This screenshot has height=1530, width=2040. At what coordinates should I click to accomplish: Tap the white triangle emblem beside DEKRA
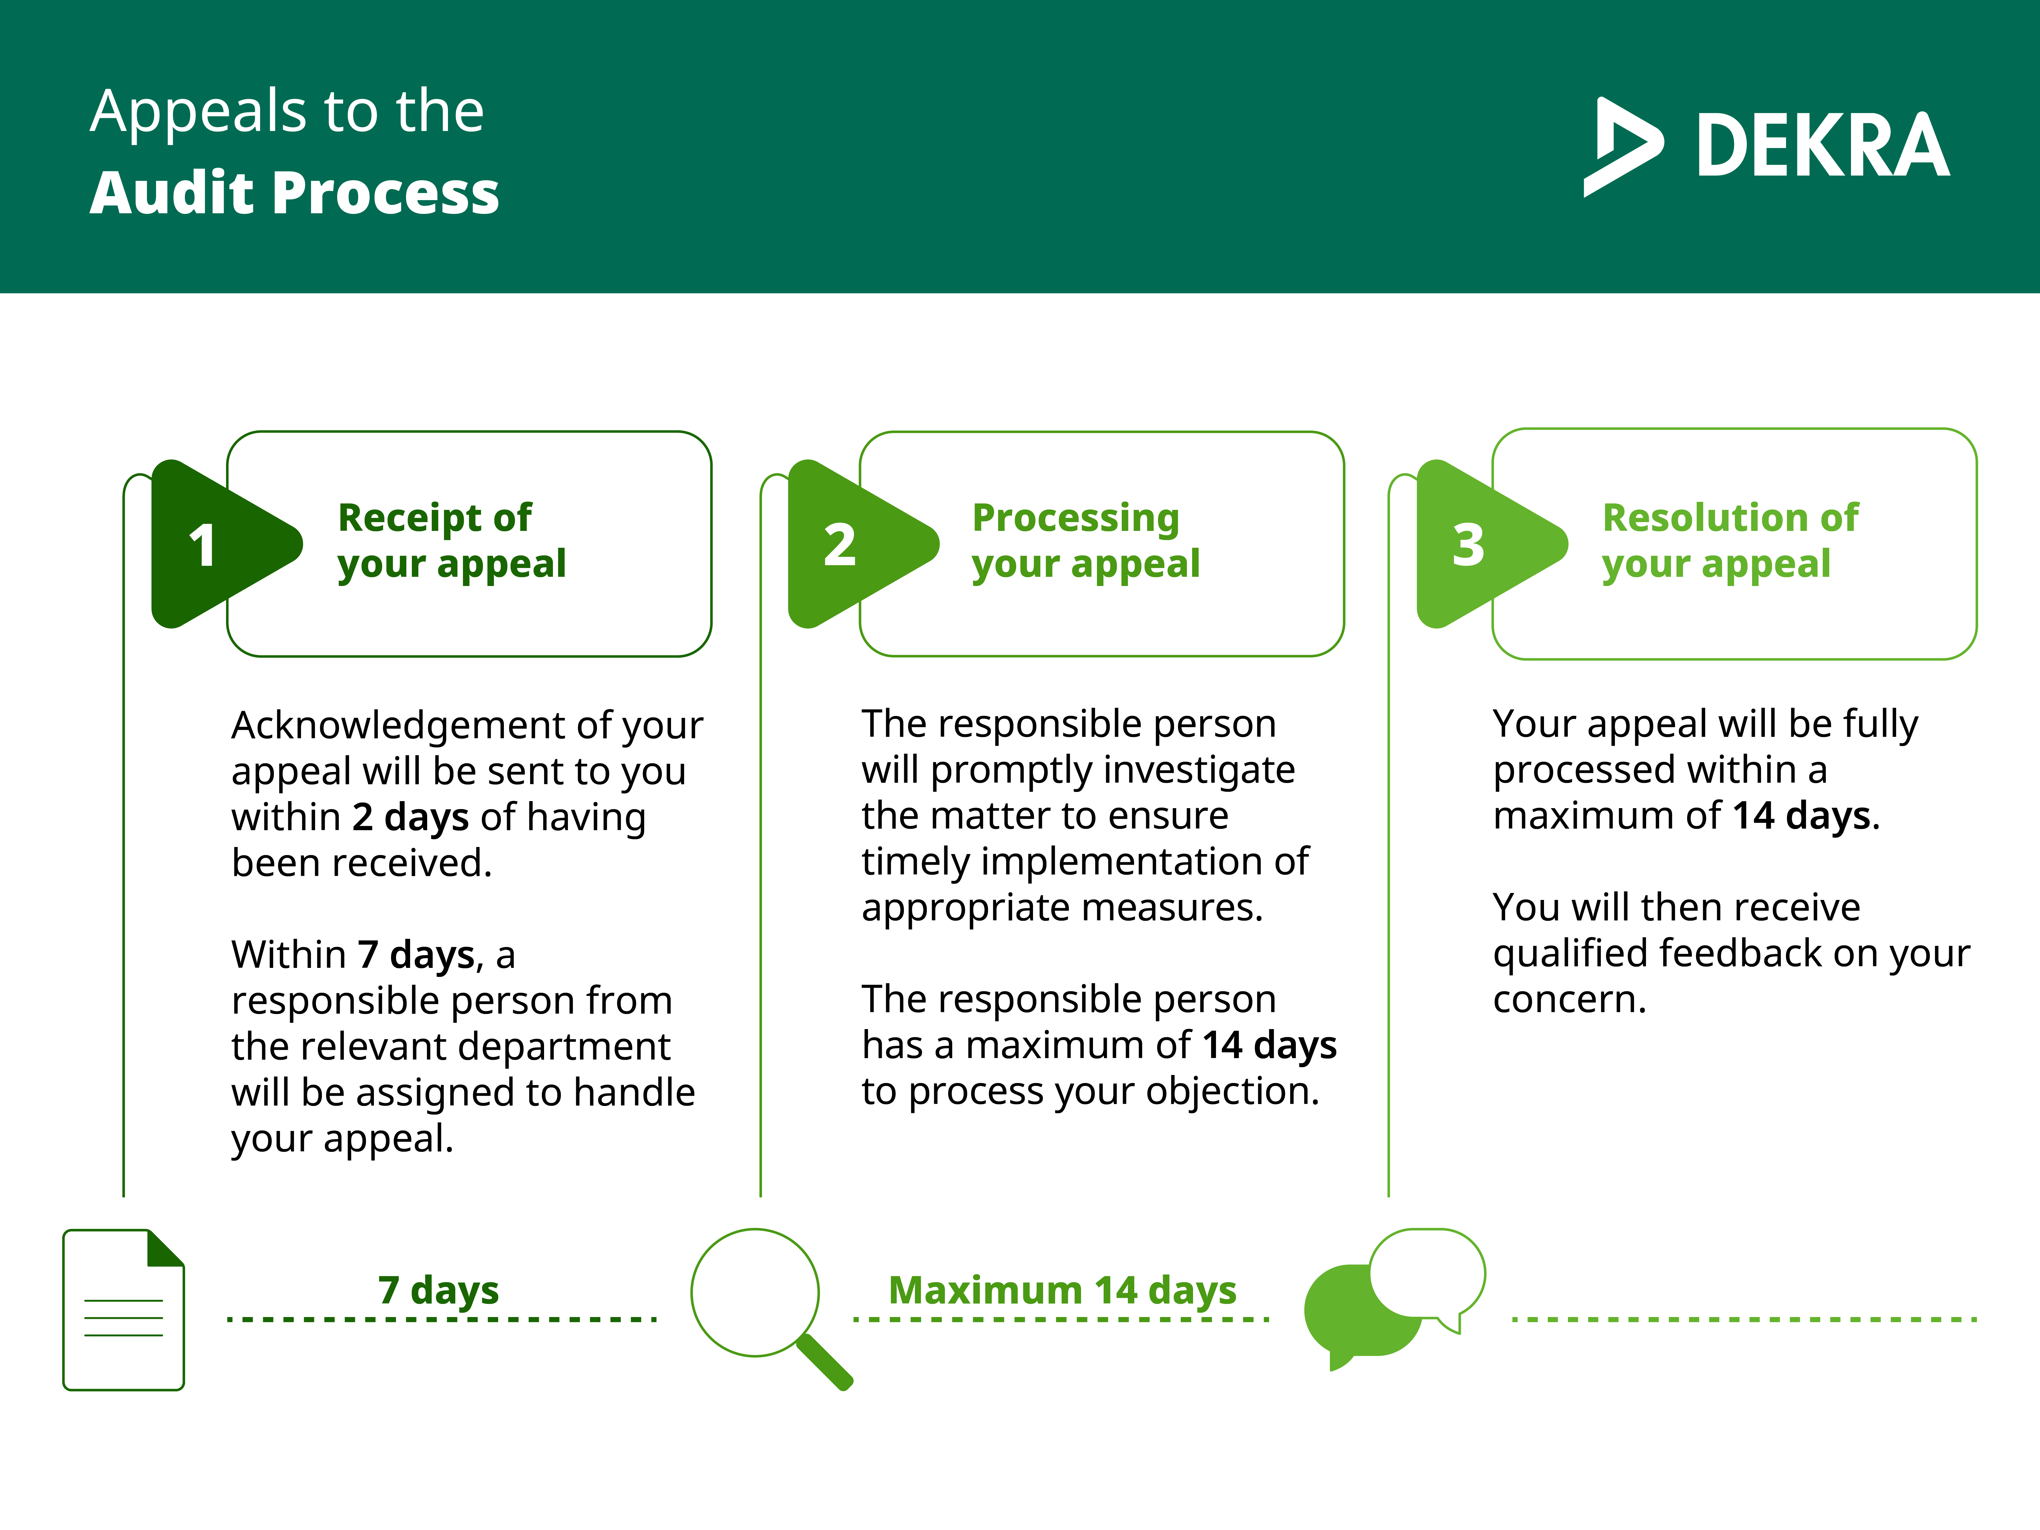pyautogui.click(x=1623, y=147)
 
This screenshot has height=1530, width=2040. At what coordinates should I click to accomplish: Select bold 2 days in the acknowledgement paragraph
pyautogui.click(x=410, y=817)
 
